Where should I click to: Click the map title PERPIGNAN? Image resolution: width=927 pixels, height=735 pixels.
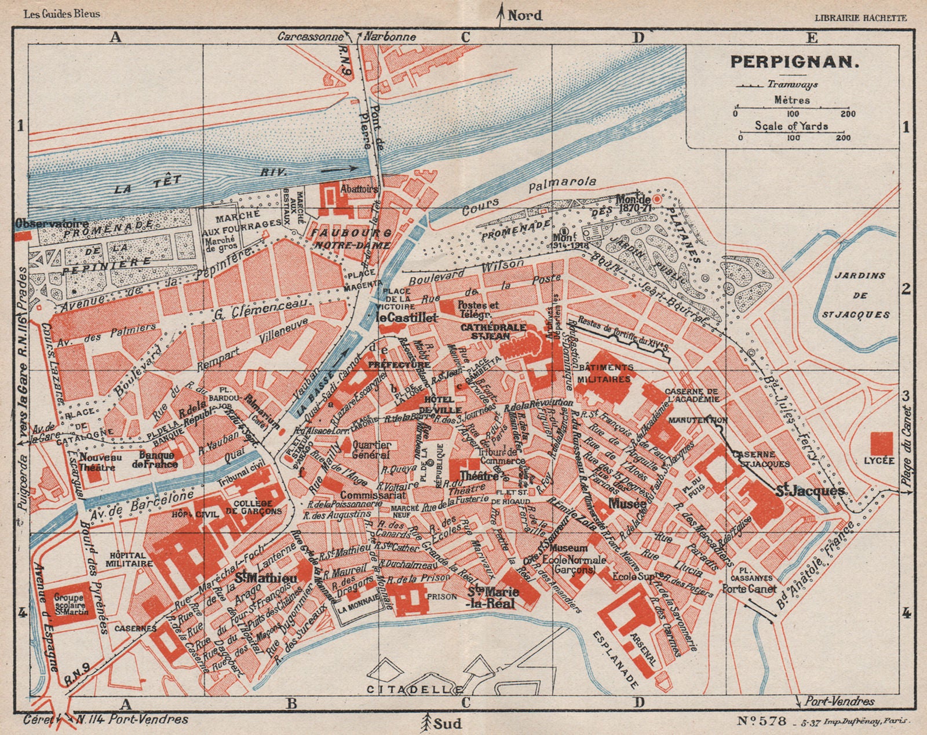tap(792, 61)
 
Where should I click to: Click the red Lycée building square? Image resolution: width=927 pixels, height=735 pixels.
tap(882, 443)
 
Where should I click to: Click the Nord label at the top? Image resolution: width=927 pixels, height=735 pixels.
tap(524, 16)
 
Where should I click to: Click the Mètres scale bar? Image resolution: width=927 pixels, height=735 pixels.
tap(791, 107)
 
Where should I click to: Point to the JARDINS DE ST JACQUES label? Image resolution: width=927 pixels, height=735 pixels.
tap(860, 295)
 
